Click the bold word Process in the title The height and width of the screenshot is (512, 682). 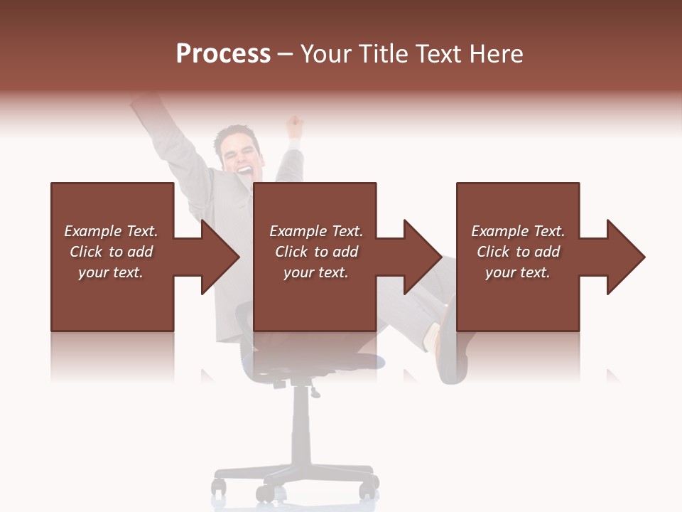223,54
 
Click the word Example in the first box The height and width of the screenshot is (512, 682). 93,231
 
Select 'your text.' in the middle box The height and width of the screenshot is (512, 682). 315,272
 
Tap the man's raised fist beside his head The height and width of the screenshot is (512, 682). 293,127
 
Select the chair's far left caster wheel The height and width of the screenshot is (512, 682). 219,488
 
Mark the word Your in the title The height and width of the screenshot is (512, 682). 325,54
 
